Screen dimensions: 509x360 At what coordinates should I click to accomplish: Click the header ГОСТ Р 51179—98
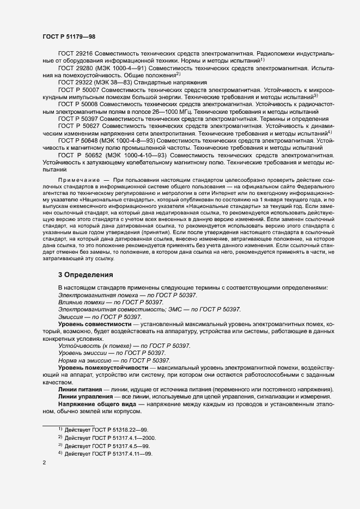click(69, 36)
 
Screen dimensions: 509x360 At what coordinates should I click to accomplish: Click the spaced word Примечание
click(78, 180)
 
